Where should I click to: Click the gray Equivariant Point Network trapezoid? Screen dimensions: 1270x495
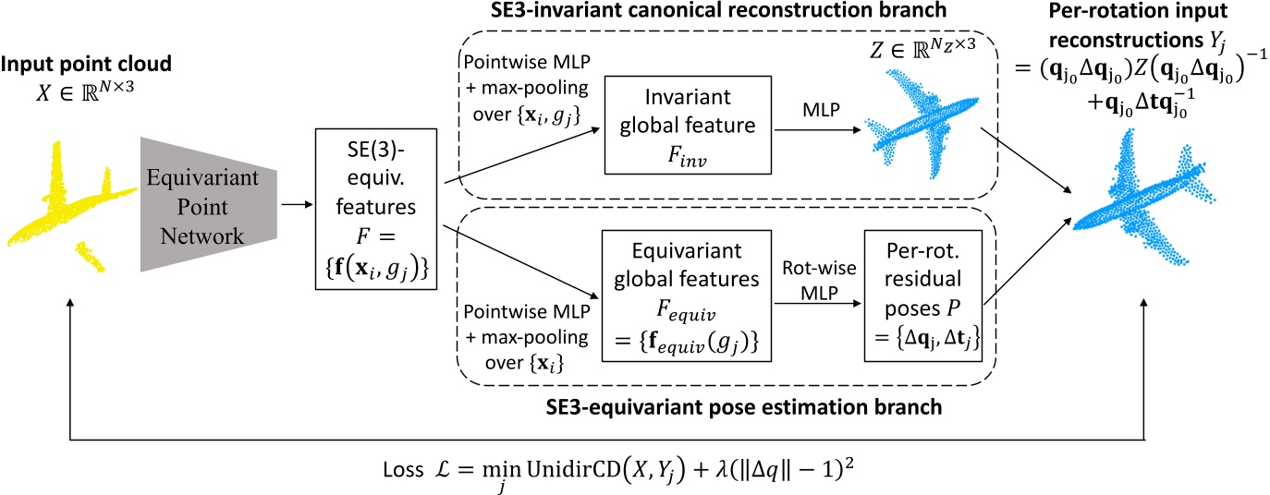pyautogui.click(x=209, y=205)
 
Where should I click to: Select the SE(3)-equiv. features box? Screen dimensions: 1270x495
pyautogui.click(x=376, y=209)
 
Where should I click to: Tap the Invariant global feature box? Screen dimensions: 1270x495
pyautogui.click(x=688, y=126)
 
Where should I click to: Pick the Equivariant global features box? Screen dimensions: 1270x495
pyautogui.click(x=687, y=296)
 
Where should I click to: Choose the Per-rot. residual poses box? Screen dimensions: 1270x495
pyautogui.click(x=923, y=296)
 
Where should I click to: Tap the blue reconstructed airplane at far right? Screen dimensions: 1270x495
pyautogui.click(x=1142, y=196)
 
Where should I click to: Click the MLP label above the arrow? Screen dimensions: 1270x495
pyautogui.click(x=821, y=109)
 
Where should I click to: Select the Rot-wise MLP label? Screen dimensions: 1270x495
pyautogui.click(x=819, y=281)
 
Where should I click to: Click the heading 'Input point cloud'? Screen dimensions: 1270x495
pyautogui.click(x=86, y=64)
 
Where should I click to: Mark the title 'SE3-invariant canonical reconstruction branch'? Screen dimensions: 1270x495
pyautogui.click(x=718, y=10)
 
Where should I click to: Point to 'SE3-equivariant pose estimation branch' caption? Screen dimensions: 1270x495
pyautogui.click(x=744, y=407)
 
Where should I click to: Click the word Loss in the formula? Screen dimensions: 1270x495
pyautogui.click(x=403, y=469)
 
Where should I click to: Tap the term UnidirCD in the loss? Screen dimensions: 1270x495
pyautogui.click(x=574, y=469)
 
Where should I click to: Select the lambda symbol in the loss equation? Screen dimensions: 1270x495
pyautogui.click(x=722, y=469)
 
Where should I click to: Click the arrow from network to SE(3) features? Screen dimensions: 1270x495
pyautogui.click(x=297, y=204)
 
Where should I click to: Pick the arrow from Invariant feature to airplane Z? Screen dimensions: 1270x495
pyautogui.click(x=818, y=129)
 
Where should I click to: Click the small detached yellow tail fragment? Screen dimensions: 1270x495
pyautogui.click(x=91, y=257)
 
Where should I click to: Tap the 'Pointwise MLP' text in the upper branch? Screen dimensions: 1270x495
pyautogui.click(x=527, y=62)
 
